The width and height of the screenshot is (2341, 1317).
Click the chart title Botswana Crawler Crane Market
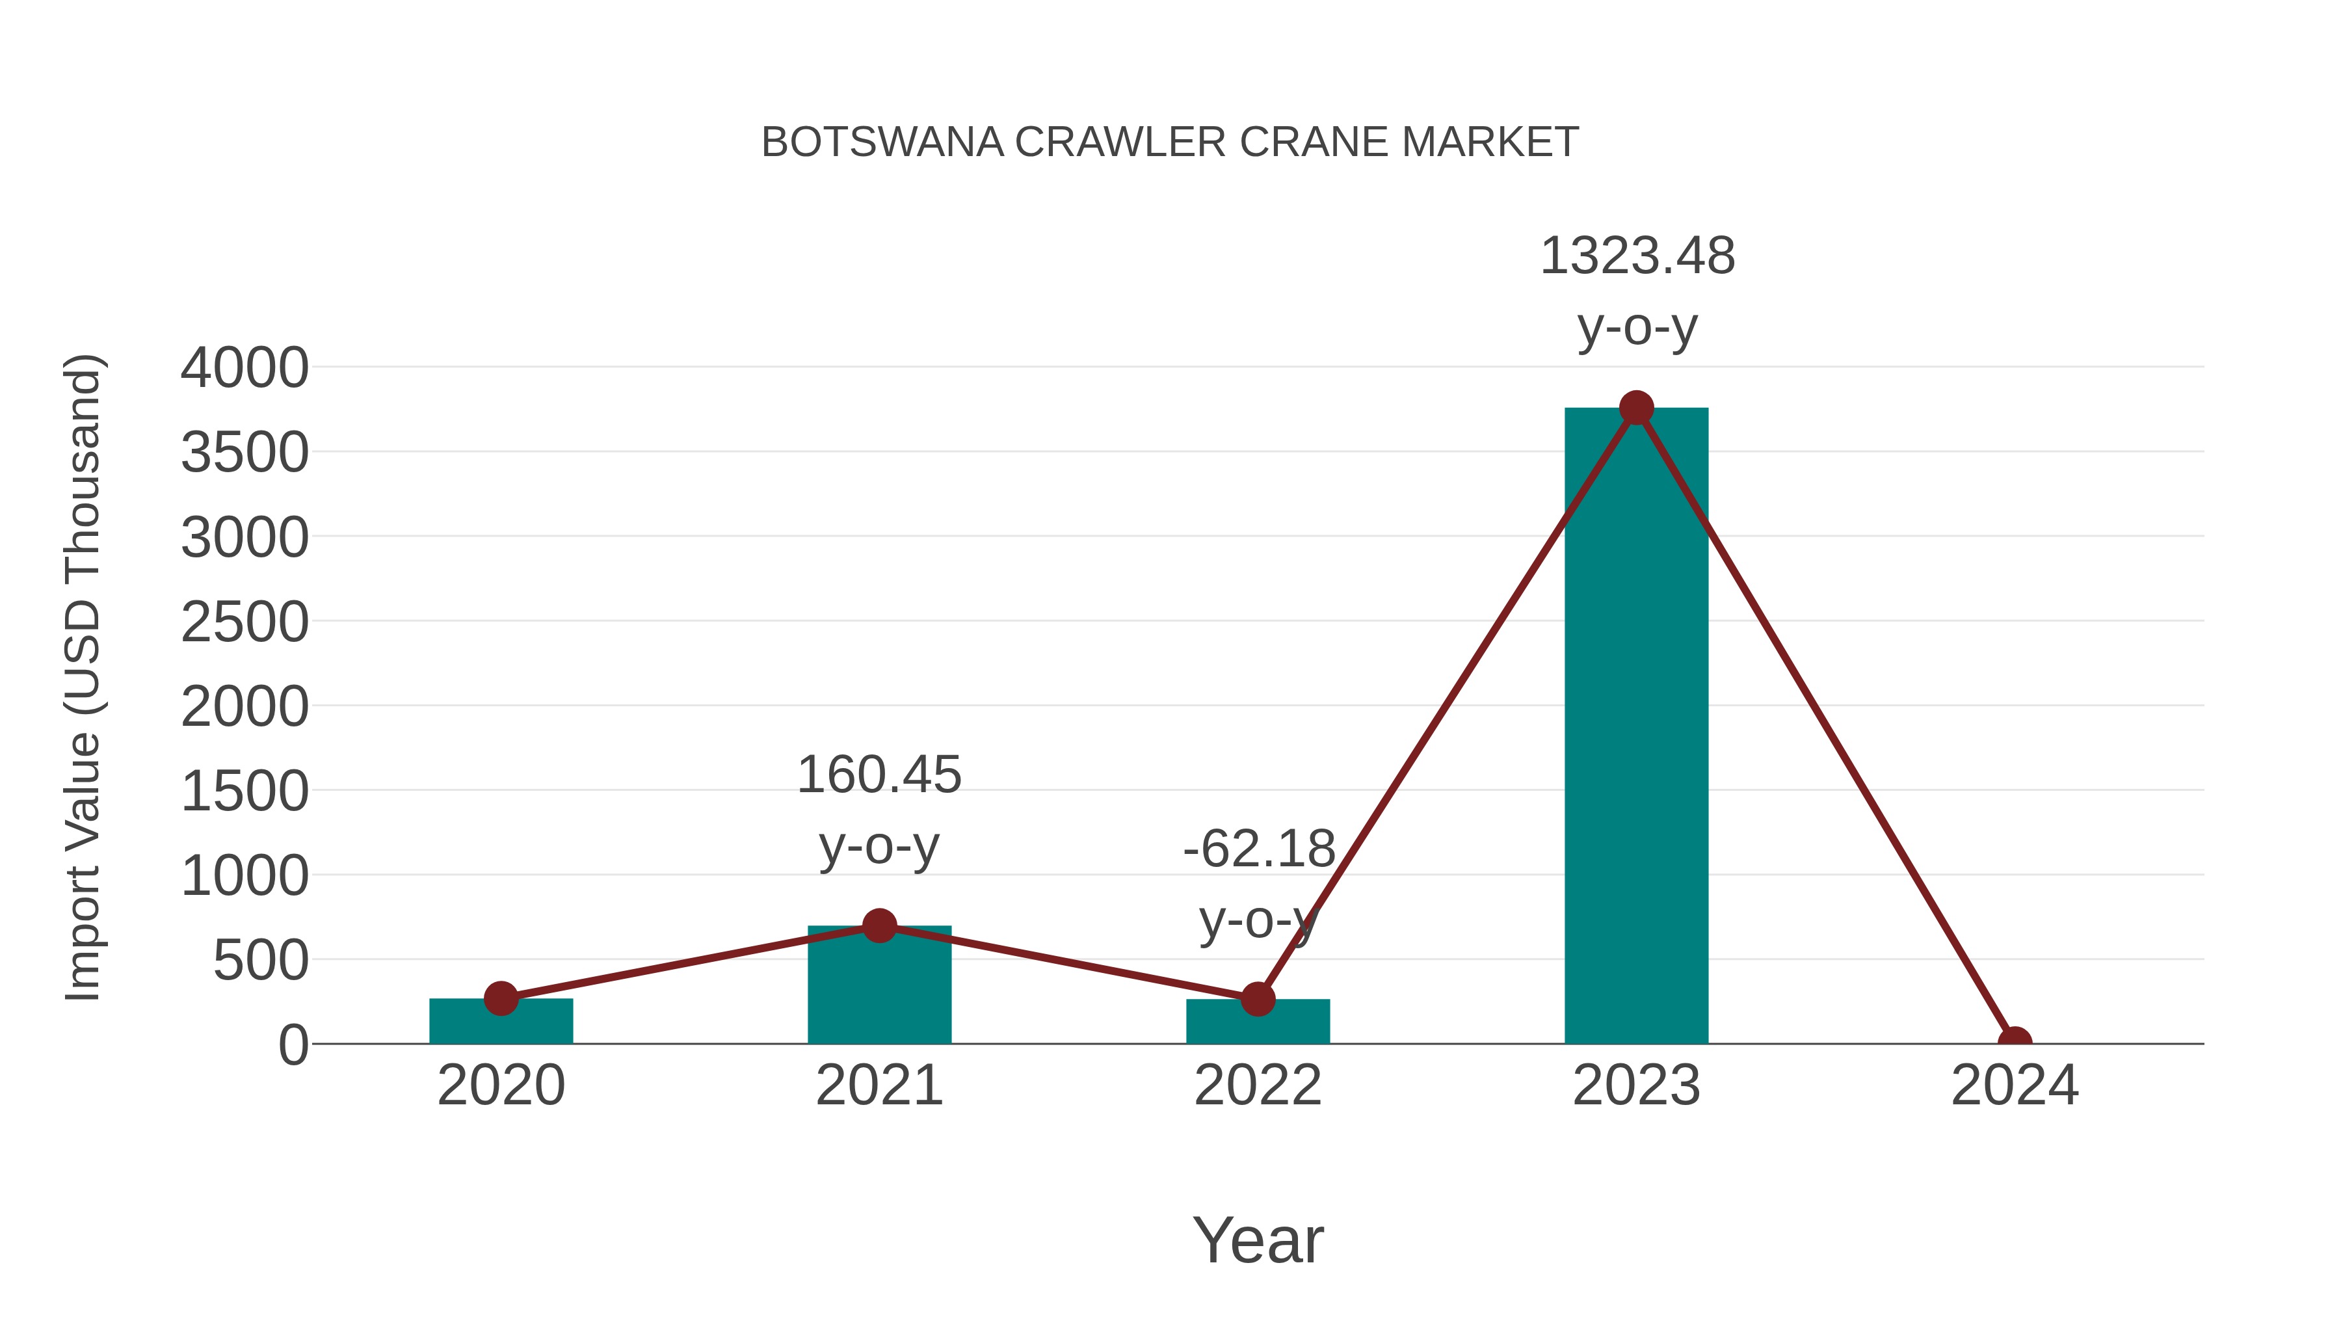tap(1170, 142)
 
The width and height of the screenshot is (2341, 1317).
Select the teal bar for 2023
tap(1636, 727)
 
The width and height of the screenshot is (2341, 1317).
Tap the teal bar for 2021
tap(879, 991)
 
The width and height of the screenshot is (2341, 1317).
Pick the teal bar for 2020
tap(501, 1022)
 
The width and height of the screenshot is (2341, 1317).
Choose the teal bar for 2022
tap(1258, 1024)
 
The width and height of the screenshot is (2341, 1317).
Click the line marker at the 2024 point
tap(2014, 1042)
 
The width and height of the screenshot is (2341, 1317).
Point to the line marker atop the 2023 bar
tap(1636, 408)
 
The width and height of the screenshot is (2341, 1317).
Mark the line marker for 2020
tap(501, 998)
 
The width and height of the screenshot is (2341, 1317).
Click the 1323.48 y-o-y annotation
tap(1637, 291)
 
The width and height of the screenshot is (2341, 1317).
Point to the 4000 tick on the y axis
tap(245, 368)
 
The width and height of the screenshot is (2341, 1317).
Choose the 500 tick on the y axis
tap(261, 961)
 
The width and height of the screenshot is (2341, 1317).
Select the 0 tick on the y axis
tap(293, 1045)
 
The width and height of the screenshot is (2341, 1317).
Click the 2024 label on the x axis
tap(2014, 1085)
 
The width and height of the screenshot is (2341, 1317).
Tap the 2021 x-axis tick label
tap(879, 1085)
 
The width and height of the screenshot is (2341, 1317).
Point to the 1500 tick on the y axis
tap(245, 792)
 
